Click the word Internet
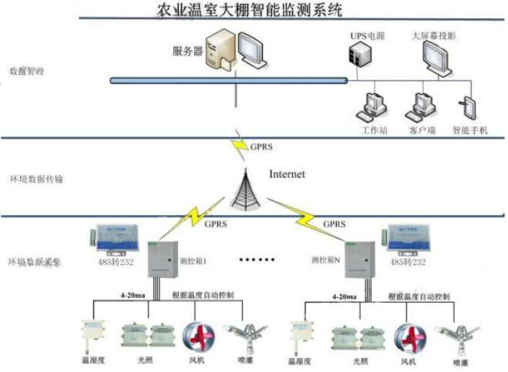(287, 174)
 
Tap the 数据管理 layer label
(27, 72)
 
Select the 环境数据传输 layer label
(35, 179)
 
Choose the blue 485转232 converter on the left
(116, 238)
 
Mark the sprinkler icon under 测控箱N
(452, 335)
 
